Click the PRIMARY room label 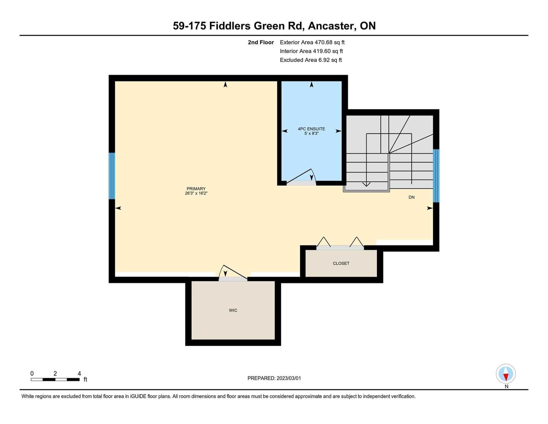click(x=196, y=189)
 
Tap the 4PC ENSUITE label click(x=311, y=129)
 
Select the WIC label click(x=233, y=310)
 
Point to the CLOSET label click(x=341, y=263)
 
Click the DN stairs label click(x=411, y=197)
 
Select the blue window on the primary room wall click(x=112, y=176)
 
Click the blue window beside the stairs click(x=436, y=176)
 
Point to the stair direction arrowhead click(x=366, y=184)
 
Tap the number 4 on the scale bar click(x=79, y=373)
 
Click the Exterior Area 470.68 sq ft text click(x=312, y=42)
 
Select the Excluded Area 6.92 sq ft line click(x=311, y=60)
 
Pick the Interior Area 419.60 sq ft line click(x=311, y=51)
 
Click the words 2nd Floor click(x=260, y=42)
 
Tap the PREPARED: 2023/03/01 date click(x=274, y=378)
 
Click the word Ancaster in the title click(x=332, y=26)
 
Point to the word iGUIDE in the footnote click(x=138, y=397)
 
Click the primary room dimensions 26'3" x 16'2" click(x=196, y=194)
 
